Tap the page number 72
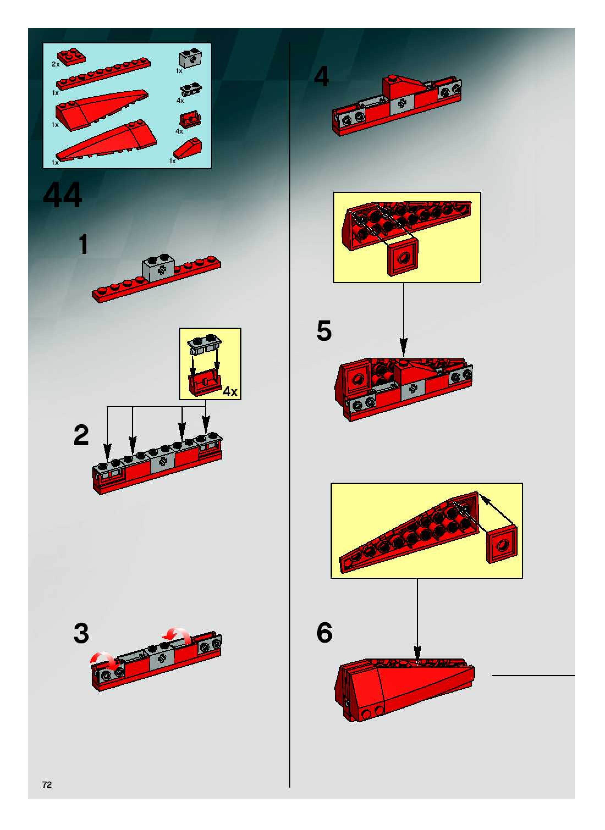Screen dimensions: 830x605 tap(47, 784)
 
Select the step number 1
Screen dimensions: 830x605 tap(84, 244)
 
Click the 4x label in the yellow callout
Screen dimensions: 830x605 tap(230, 392)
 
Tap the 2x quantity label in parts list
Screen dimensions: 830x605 tap(55, 64)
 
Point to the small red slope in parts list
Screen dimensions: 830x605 tap(187, 148)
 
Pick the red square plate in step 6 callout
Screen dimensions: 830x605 tap(501, 544)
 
